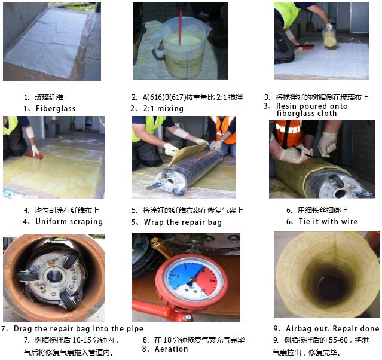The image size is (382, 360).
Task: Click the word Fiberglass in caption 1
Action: coord(56,108)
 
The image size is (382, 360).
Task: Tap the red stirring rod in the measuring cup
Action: coord(181,27)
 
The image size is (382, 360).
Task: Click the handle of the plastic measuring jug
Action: coord(156,44)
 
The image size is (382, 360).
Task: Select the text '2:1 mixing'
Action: coord(163,108)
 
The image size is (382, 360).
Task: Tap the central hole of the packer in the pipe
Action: coord(54,275)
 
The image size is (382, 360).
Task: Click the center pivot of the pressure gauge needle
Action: coord(193,280)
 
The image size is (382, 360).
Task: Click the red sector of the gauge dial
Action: coord(207,281)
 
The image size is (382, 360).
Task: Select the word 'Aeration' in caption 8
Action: coord(171,349)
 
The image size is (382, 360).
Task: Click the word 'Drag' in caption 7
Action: coord(23,329)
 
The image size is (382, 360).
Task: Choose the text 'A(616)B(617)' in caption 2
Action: coord(163,97)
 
